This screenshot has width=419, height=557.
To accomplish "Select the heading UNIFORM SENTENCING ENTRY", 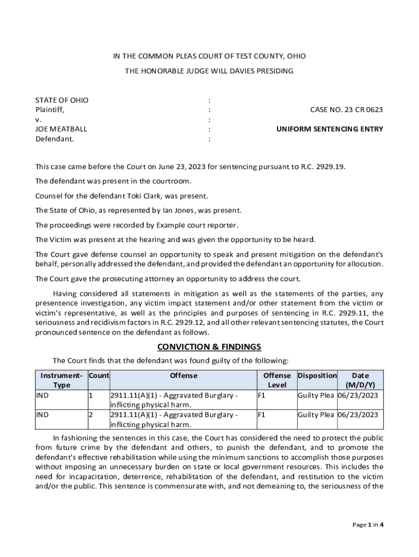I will point(330,129).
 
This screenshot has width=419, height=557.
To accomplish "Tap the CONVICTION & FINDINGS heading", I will point(209,347).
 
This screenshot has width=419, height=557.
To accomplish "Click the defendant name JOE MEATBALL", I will point(61,129).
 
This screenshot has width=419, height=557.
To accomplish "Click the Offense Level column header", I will point(277,380).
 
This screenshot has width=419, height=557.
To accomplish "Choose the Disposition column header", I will point(317,375).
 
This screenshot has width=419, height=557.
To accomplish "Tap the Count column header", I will point(98,375).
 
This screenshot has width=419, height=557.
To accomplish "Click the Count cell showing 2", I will point(91,414).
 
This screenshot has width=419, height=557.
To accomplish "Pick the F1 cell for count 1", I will point(261,395).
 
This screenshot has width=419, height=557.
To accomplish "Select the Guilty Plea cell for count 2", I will point(316,414).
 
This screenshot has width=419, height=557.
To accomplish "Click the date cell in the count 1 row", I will point(358,395).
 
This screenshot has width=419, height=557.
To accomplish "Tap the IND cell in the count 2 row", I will point(42,414).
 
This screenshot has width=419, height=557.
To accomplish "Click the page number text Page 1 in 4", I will point(368,525).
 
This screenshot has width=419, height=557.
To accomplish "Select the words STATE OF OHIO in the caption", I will point(61,100).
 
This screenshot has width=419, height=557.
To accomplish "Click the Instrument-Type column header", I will point(61,380).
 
